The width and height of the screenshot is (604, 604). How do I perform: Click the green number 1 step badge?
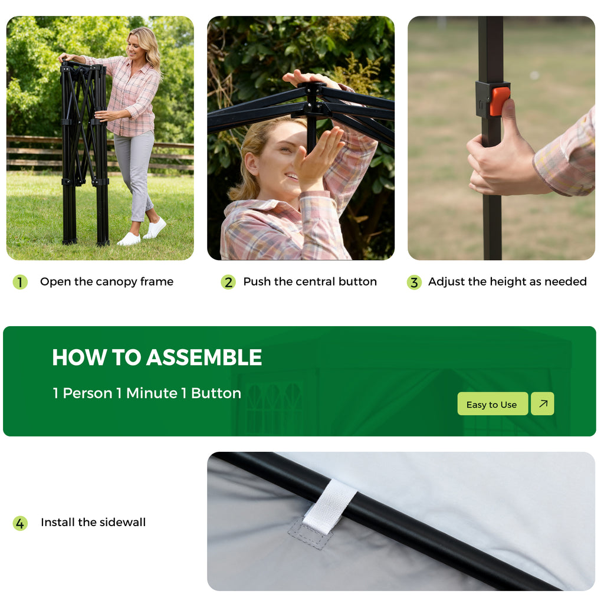click(x=20, y=282)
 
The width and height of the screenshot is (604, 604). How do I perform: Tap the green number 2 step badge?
click(x=228, y=282)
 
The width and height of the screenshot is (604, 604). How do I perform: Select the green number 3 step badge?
click(x=414, y=282)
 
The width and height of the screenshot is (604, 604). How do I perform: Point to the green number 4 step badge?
click(x=20, y=523)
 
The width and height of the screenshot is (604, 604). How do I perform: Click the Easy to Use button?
click(x=493, y=403)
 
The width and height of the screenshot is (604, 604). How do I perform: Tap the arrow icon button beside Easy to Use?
click(x=543, y=403)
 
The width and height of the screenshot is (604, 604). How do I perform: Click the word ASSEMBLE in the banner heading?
click(x=204, y=357)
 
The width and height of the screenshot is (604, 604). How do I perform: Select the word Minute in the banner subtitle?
click(x=152, y=393)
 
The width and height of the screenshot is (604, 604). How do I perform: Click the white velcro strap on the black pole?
click(x=330, y=505)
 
